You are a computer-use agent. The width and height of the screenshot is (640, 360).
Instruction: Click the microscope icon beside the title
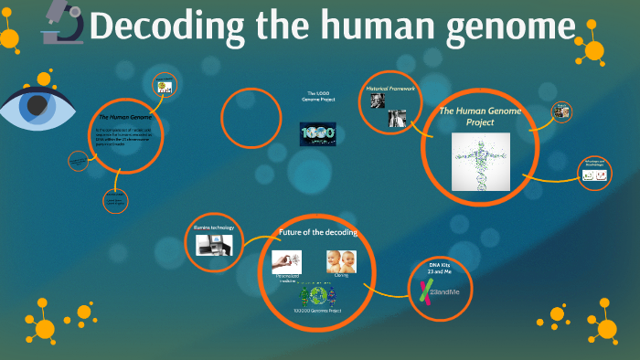coord(60,24)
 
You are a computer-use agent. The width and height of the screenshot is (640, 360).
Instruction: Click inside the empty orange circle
coord(251,117)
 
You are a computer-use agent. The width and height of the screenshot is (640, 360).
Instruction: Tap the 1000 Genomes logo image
coord(318,133)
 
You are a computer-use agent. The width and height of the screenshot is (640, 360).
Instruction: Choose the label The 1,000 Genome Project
coord(318,96)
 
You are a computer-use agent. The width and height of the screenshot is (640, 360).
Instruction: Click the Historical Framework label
coord(391,88)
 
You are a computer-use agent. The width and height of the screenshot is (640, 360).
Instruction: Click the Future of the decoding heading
coord(317,232)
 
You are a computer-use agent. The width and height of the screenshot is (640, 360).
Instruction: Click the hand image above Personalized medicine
coord(287,260)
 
